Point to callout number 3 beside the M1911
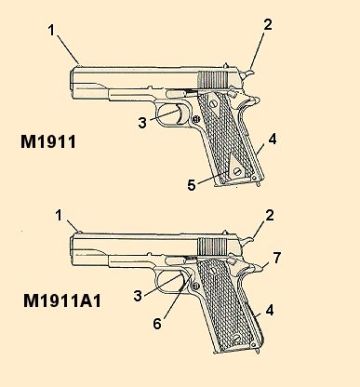tap(143, 122)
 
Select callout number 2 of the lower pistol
tap(267, 215)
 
